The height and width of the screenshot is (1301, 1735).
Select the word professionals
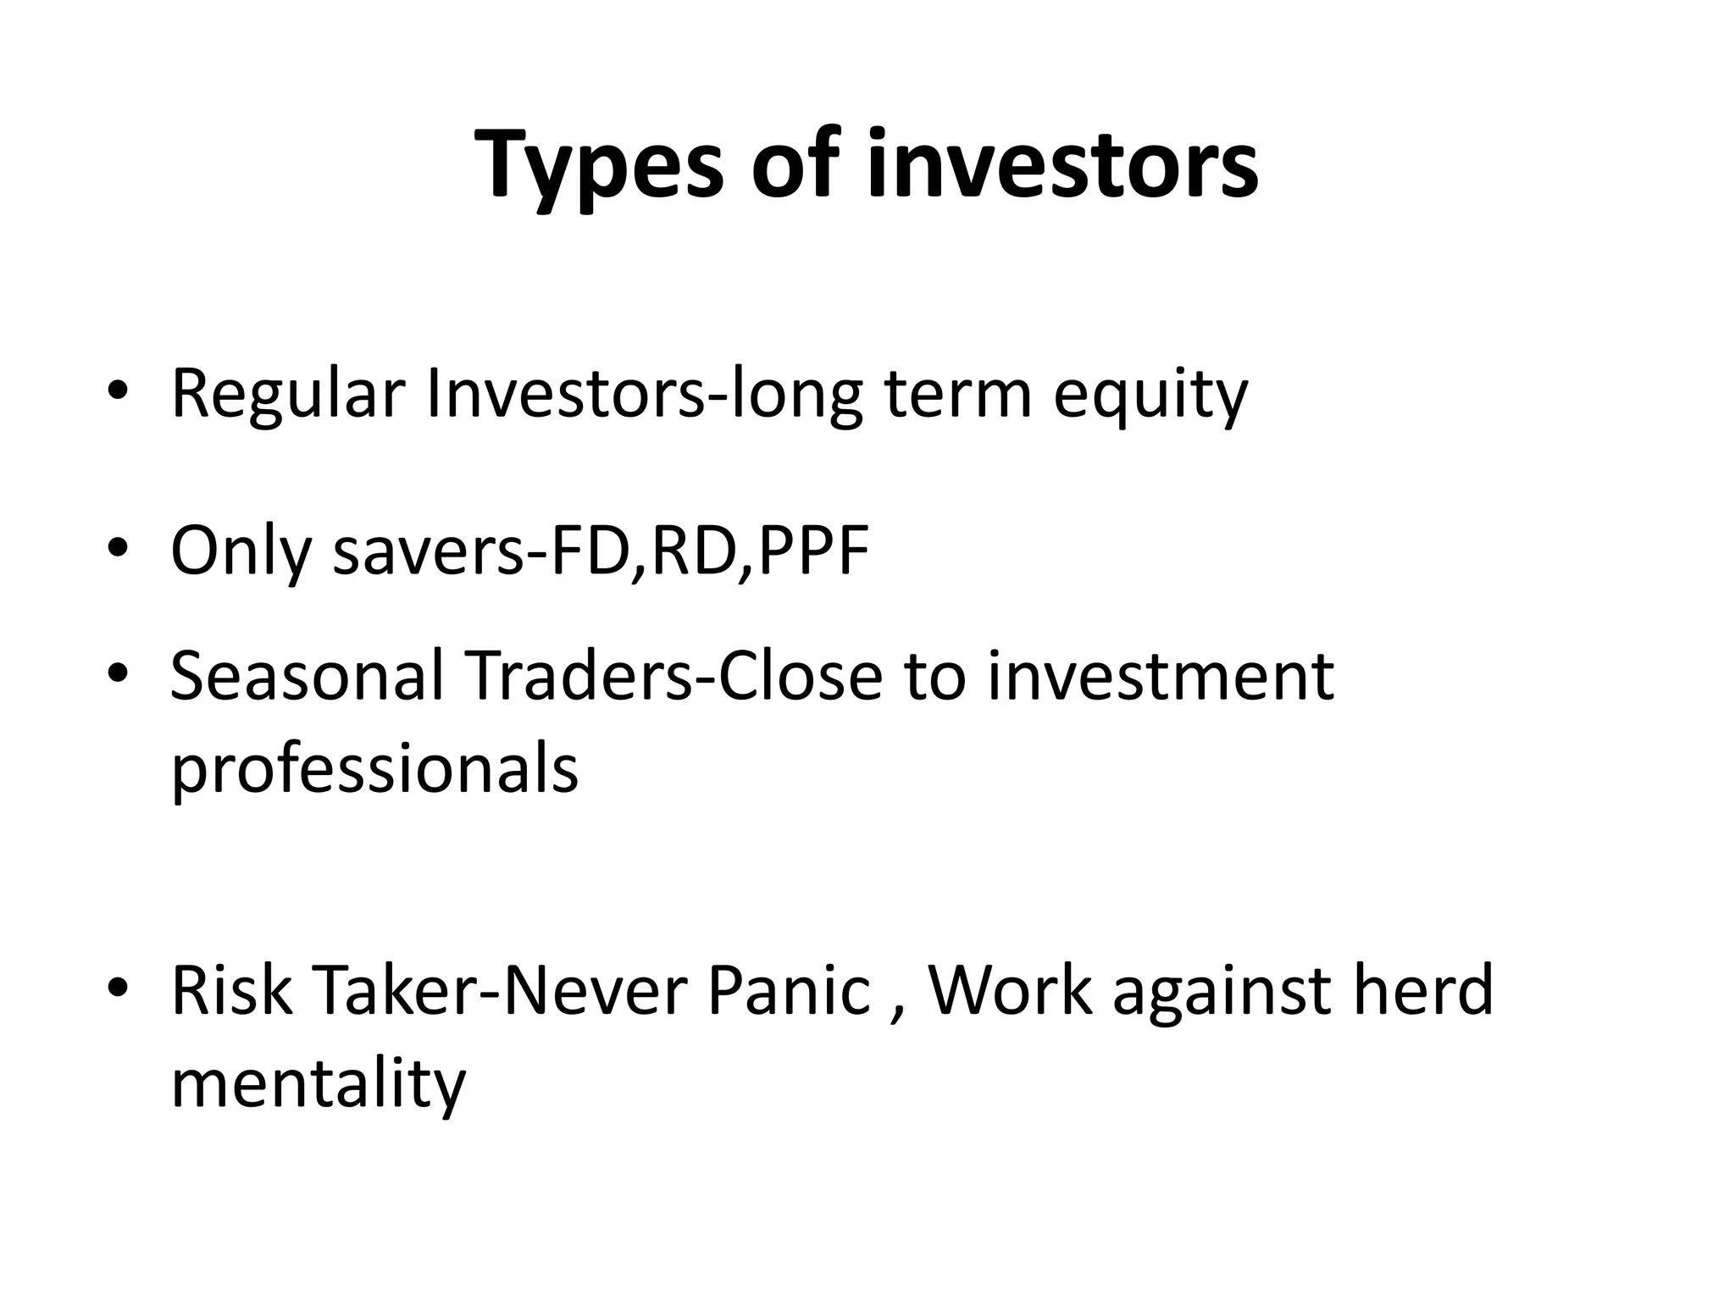tap(374, 769)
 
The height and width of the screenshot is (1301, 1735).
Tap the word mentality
tap(318, 1085)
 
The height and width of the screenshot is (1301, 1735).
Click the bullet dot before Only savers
tap(118, 546)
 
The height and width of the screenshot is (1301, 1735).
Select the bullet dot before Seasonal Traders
tap(118, 673)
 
